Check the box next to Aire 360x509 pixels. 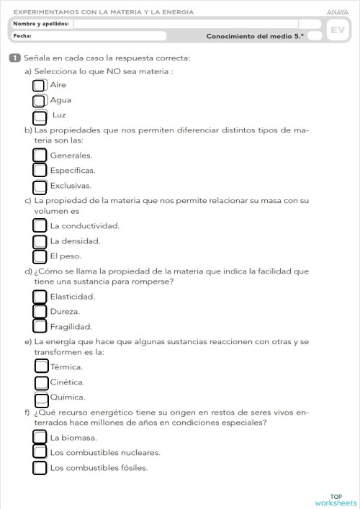point(39,86)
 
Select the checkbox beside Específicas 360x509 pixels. point(40,171)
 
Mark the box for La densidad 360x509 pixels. point(40,241)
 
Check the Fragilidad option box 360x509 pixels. point(40,327)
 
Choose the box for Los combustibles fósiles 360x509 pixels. point(40,468)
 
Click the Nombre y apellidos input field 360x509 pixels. point(186,24)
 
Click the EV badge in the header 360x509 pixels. point(336,30)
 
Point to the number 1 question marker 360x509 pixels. point(14,58)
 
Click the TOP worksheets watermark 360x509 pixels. point(336,500)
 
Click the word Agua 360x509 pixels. point(60,100)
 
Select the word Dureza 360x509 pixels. point(65,312)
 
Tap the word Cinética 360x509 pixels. point(68,382)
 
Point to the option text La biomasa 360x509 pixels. point(73,438)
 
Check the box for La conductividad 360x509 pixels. point(40,225)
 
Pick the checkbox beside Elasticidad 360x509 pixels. point(40,297)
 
